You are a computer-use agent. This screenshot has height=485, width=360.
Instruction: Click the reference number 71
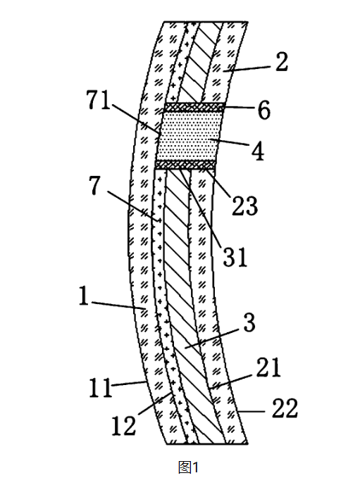click(x=98, y=100)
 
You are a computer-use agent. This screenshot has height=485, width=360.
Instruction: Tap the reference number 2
click(x=281, y=62)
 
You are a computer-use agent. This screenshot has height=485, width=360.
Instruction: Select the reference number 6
click(x=263, y=110)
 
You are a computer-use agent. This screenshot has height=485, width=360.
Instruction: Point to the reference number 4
click(x=258, y=151)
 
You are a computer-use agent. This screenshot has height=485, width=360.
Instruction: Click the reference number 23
click(x=244, y=206)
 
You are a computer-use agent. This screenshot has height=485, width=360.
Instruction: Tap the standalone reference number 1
click(x=84, y=296)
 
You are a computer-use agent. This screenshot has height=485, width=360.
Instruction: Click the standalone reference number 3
click(x=249, y=322)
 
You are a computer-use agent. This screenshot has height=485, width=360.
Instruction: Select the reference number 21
click(x=268, y=367)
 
